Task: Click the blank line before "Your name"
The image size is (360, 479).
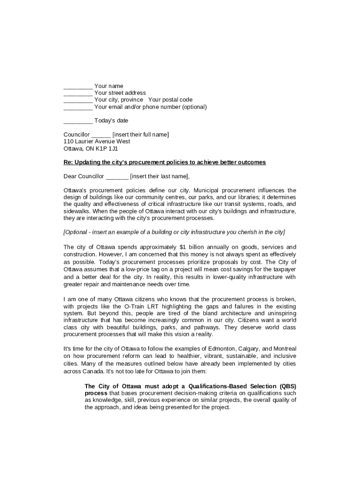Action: tap(78, 86)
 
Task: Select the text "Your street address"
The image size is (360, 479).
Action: tap(120, 93)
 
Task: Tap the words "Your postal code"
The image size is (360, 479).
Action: tap(170, 100)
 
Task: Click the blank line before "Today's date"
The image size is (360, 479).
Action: tap(78, 121)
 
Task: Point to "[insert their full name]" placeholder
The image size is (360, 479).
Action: tap(141, 135)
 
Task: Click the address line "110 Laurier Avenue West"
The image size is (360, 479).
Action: tap(97, 141)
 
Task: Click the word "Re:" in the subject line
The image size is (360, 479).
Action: tap(68, 162)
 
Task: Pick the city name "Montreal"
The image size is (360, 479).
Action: tap(284, 349)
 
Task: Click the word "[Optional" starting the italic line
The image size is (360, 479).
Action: tap(75, 232)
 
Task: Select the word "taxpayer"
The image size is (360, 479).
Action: tap(284, 270)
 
